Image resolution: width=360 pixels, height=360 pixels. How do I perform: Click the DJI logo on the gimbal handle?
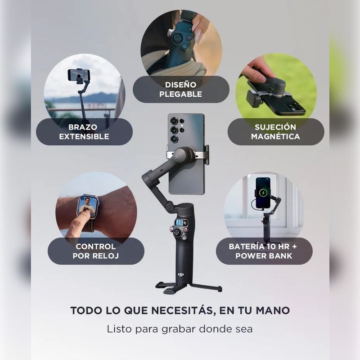(x=181, y=274)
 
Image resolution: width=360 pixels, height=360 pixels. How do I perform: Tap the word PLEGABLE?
(x=181, y=94)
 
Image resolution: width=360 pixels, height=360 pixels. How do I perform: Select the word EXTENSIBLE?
(x=84, y=136)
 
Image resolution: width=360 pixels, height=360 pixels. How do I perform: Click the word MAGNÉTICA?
(x=275, y=136)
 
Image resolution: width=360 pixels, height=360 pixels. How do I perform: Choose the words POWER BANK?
(x=264, y=256)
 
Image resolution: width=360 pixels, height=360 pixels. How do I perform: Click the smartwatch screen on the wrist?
(x=86, y=206)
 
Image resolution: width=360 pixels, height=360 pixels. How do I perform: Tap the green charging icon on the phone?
(x=263, y=193)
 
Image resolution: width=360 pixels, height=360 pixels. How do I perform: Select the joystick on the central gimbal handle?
(x=177, y=232)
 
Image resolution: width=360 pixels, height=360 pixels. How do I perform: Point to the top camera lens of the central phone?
(x=174, y=120)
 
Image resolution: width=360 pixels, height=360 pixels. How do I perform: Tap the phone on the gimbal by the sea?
(x=79, y=75)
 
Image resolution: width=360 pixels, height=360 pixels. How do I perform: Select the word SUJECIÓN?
(x=275, y=127)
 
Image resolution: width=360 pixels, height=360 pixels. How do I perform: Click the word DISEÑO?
(x=181, y=85)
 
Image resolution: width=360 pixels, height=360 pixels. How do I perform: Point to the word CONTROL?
(x=96, y=247)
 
